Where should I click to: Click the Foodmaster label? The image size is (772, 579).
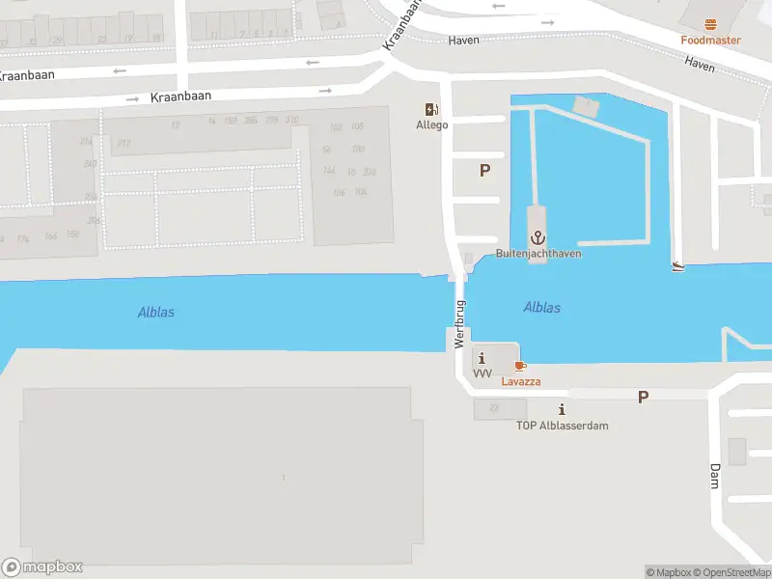coord(710,41)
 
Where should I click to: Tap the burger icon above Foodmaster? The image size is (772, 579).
coord(711,23)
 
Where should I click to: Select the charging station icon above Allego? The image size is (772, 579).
coord(431,110)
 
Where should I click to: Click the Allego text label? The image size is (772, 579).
coord(431,125)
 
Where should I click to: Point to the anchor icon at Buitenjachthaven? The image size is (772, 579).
coord(537,237)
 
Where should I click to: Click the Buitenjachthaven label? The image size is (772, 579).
coord(538,254)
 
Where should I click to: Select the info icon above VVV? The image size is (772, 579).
coord(482,359)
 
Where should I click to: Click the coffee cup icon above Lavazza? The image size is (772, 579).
coord(520,367)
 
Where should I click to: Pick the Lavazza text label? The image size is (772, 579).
coord(520,381)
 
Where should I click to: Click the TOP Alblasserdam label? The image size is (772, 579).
coord(562,426)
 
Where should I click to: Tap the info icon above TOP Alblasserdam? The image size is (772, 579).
coord(562,410)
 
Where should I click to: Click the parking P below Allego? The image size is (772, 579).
coord(484,171)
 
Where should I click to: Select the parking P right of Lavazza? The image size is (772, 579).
coord(643,397)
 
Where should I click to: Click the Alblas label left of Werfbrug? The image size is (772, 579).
coord(156,312)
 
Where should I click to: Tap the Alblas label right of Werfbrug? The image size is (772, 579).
coord(541,308)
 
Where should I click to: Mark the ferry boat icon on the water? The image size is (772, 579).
coord(680,266)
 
